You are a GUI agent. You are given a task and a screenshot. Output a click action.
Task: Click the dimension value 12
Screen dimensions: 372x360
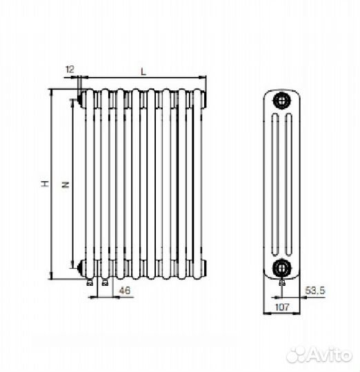[69, 69]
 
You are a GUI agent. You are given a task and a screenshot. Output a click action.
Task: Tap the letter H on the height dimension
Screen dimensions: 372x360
[43, 184]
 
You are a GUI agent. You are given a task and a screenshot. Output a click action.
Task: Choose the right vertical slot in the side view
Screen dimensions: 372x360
[288, 185]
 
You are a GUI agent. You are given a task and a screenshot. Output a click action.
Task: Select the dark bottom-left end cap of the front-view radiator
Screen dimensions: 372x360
[82, 267]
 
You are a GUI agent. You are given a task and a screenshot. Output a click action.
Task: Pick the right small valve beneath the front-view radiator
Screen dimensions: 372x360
[105, 281]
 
